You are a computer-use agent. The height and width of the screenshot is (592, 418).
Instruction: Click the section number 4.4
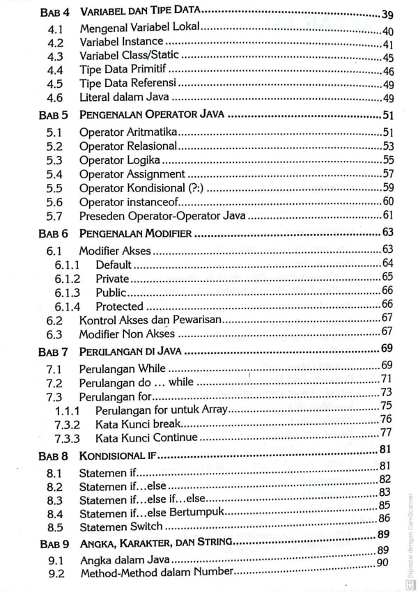point(54,70)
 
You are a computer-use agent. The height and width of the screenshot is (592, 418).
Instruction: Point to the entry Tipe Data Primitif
point(123,70)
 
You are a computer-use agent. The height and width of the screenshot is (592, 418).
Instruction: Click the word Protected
point(119,306)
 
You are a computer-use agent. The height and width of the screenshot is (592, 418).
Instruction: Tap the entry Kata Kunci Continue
point(146,438)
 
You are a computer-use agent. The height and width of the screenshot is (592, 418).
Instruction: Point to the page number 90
point(382,562)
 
